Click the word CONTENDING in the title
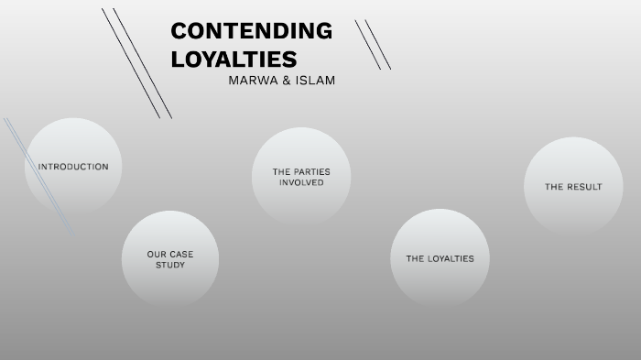[x=251, y=30]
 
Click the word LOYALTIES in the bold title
[x=234, y=59]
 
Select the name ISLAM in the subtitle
[x=315, y=81]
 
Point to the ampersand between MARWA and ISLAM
[x=288, y=81]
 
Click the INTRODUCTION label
[x=73, y=167]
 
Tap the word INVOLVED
[x=301, y=182]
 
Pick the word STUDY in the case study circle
[x=170, y=265]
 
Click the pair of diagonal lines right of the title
[x=373, y=45]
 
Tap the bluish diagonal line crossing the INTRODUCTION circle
[x=38, y=174]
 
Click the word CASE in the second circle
[x=180, y=254]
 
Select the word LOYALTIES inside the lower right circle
[x=451, y=258]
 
